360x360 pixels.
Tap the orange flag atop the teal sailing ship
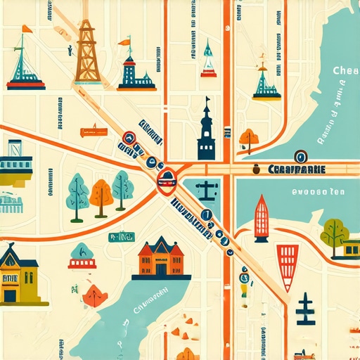click(x=27, y=29)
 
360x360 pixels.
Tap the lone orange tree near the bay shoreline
click(x=249, y=138)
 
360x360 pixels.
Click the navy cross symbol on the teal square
click(x=207, y=189)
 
